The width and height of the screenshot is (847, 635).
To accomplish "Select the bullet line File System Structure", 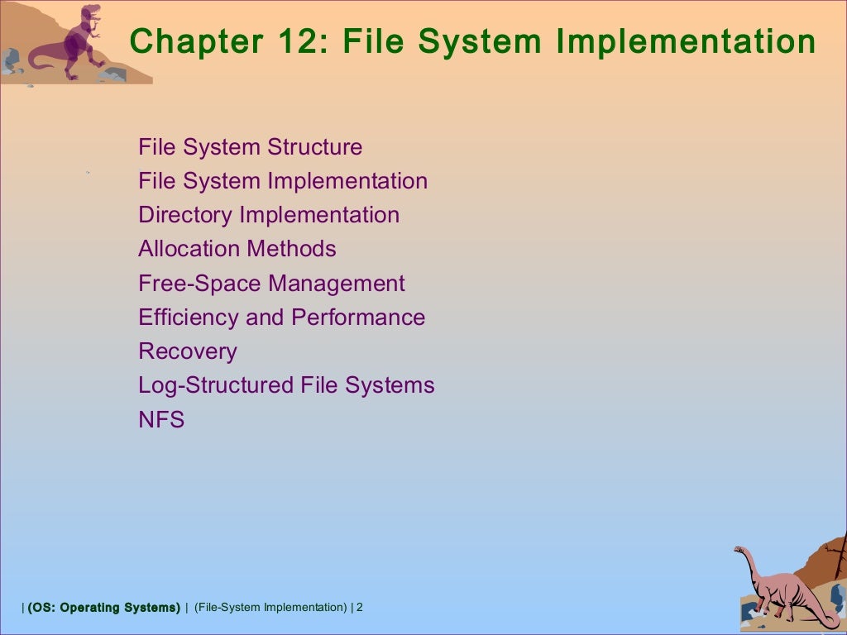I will tap(251, 147).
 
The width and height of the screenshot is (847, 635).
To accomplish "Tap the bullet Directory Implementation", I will tap(269, 215).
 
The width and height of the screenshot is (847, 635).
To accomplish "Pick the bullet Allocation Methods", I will tap(237, 249).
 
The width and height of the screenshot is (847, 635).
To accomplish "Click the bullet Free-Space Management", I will tap(271, 284).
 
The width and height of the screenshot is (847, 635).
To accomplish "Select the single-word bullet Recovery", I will tap(188, 351).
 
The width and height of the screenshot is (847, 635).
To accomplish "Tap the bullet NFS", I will tap(161, 420).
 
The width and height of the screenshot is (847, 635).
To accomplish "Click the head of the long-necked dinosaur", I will tap(741, 552).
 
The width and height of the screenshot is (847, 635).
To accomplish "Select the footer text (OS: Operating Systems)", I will tap(103, 608).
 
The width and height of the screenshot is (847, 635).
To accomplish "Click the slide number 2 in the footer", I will tap(360, 608).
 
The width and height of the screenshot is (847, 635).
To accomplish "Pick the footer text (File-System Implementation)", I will tap(270, 608).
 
